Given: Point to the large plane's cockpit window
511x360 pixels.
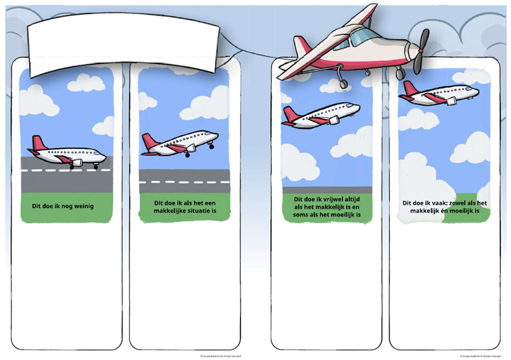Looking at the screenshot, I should click(363, 34).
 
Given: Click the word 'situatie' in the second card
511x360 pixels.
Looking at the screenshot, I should click(201, 210).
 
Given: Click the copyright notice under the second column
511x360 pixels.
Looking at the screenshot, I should click(220, 355).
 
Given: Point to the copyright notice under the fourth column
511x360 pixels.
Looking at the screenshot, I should click(480, 355).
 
